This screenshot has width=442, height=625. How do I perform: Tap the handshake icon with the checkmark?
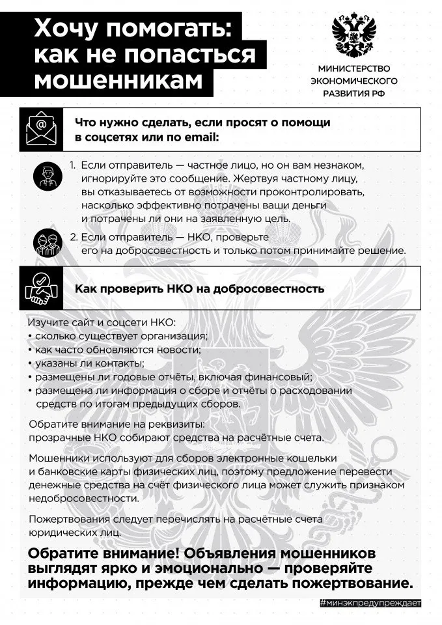(42, 288)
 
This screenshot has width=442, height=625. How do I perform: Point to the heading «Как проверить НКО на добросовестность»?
(199, 288)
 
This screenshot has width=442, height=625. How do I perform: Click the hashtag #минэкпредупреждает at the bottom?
(370, 603)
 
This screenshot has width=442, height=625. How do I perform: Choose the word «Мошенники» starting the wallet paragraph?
(59, 458)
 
